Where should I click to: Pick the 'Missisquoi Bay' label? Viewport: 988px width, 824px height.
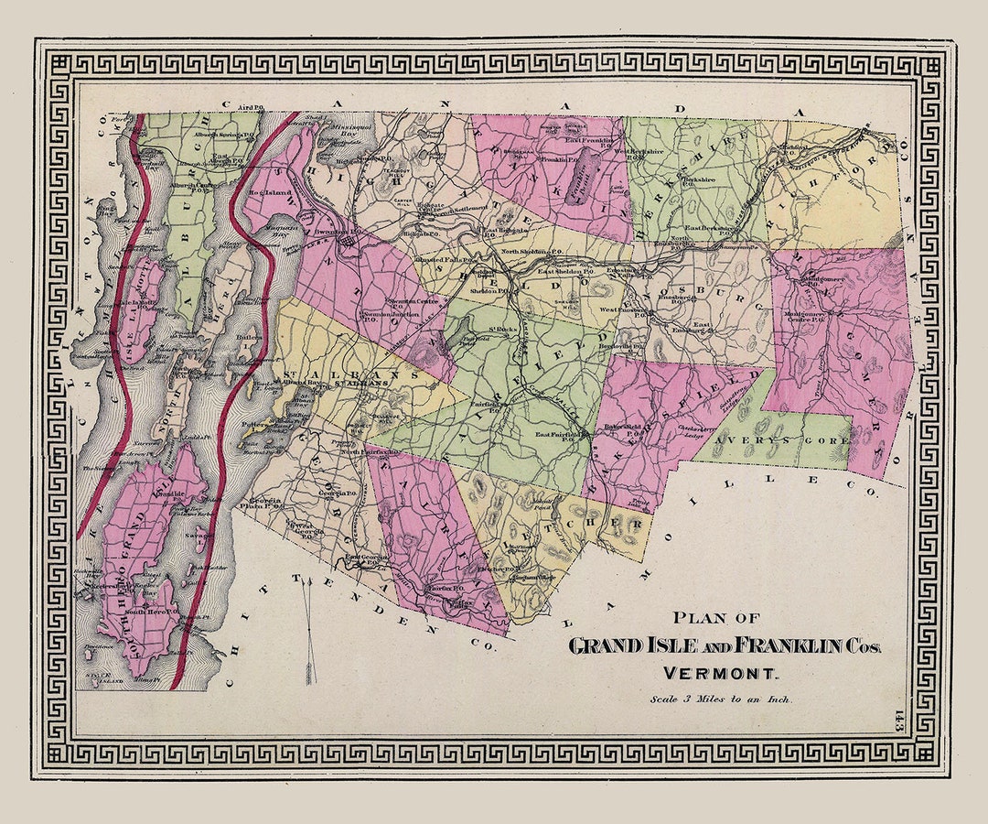pos(343,146)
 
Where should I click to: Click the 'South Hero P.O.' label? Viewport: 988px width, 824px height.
pos(148,612)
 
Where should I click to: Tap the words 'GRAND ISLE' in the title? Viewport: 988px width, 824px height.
pos(632,645)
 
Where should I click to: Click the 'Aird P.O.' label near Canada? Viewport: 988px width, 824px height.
pos(249,108)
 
